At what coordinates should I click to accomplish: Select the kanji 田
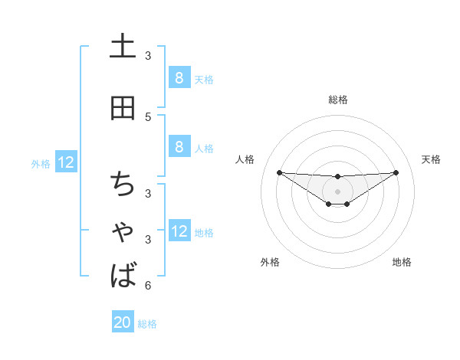tap(123, 107)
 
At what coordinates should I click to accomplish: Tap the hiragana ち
tap(123, 185)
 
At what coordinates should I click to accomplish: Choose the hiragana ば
tap(123, 275)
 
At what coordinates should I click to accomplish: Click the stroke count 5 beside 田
tap(148, 117)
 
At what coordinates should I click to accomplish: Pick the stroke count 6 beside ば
tap(148, 286)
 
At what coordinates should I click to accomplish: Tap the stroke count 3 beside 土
tap(148, 55)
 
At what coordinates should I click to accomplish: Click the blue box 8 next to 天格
tap(179, 78)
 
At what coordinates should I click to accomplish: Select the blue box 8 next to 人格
tap(179, 147)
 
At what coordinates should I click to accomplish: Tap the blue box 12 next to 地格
tap(179, 232)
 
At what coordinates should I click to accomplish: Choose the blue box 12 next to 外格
tap(66, 162)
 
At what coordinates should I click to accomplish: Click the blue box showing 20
tap(123, 323)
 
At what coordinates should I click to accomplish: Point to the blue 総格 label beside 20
tap(147, 324)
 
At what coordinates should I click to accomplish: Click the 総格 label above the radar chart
tap(337, 100)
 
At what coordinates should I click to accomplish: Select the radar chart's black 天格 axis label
tap(432, 159)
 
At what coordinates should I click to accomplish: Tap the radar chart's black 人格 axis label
tap(245, 159)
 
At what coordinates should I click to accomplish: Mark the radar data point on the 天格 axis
tap(396, 172)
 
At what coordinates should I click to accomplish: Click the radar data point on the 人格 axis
tap(279, 172)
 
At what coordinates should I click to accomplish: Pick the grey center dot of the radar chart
tap(337, 191)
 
